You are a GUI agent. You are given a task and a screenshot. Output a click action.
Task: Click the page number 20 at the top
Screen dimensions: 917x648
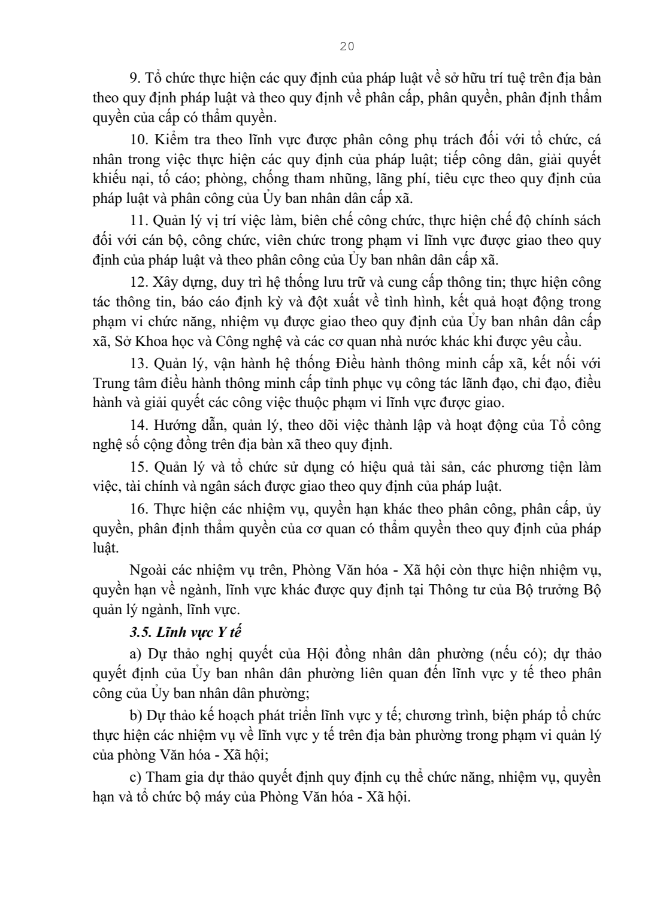pyautogui.click(x=347, y=47)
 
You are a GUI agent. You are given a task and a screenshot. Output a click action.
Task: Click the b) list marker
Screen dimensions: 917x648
pyautogui.click(x=135, y=715)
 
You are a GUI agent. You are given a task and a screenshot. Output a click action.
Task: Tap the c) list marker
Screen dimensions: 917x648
pyautogui.click(x=135, y=778)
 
